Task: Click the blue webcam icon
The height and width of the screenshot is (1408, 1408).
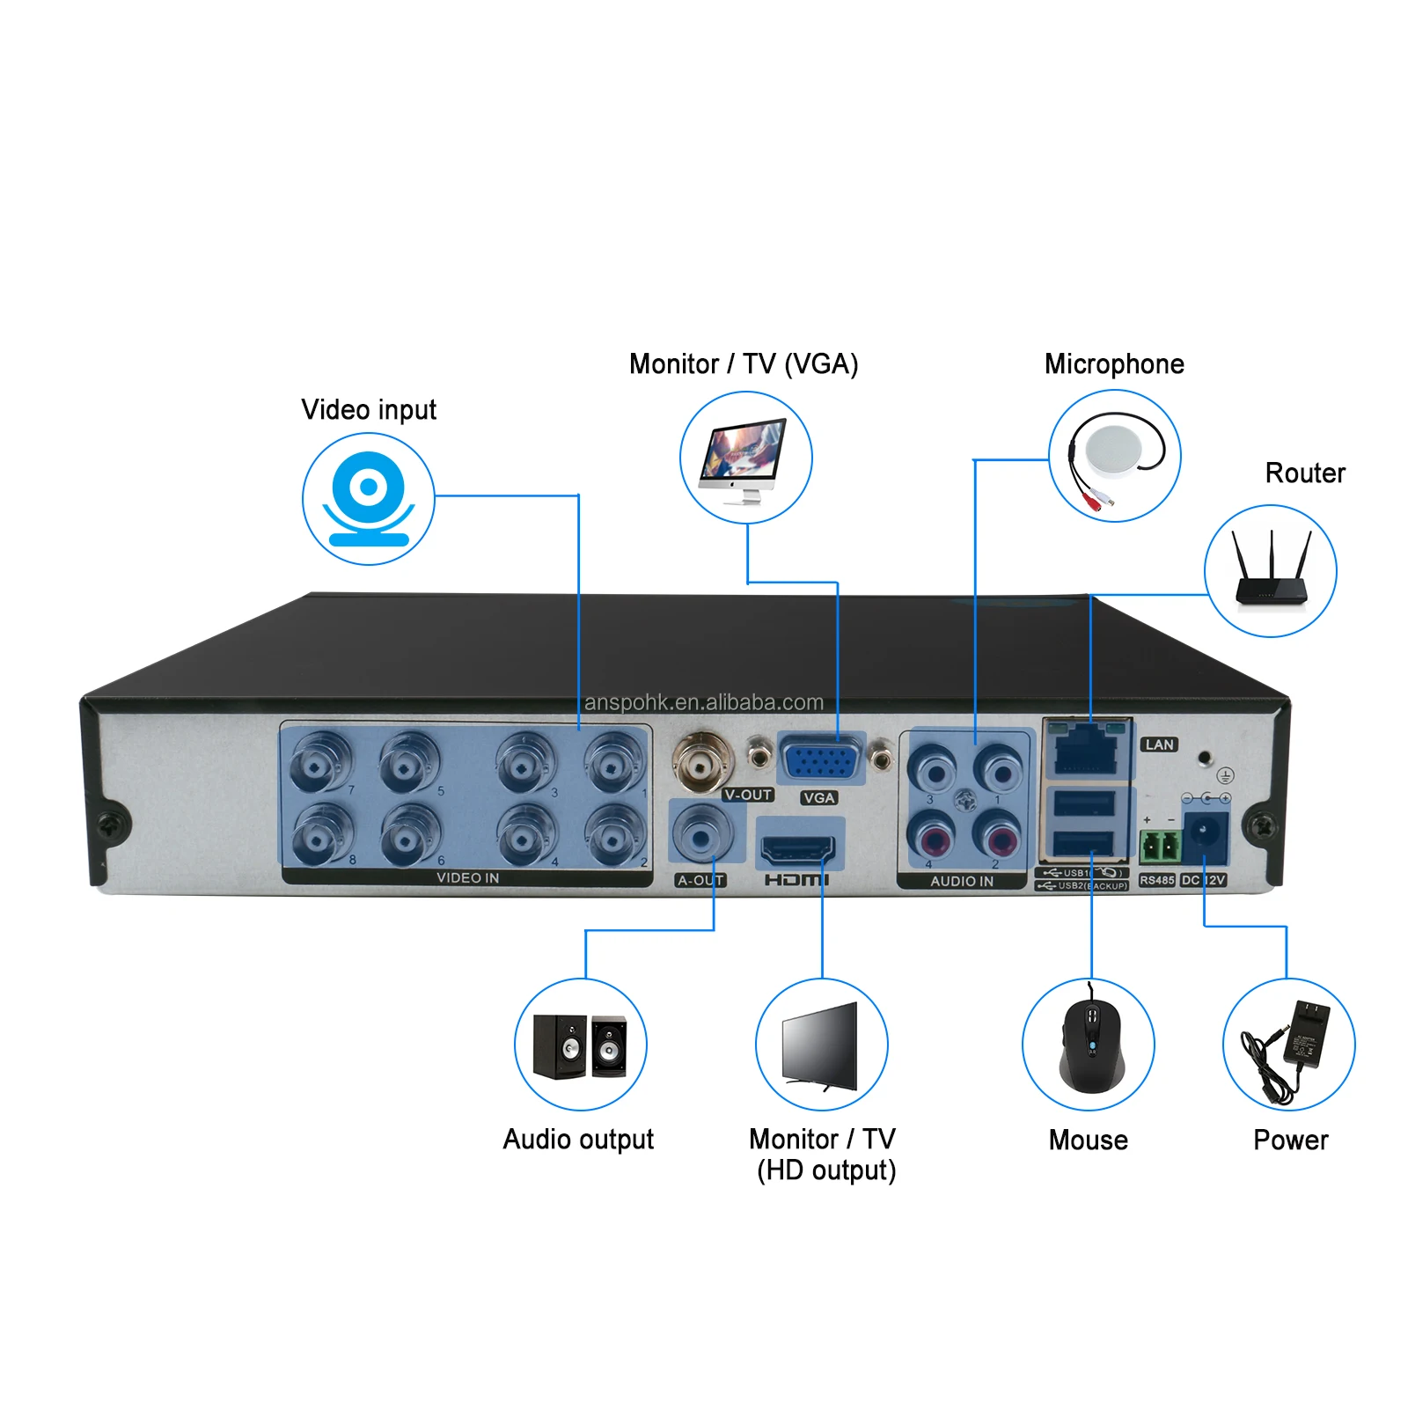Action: [369, 499]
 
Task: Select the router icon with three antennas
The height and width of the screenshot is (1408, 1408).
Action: [1271, 571]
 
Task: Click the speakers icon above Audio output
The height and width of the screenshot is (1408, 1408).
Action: [581, 1045]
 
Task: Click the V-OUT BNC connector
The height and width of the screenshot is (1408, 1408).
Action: [701, 759]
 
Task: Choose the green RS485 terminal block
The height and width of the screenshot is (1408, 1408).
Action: [1160, 847]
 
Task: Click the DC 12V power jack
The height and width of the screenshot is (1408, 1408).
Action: [1204, 835]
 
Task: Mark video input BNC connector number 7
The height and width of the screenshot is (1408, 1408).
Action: [320, 761]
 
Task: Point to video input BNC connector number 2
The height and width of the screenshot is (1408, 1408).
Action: [614, 835]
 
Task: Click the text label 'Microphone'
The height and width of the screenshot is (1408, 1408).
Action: [1114, 364]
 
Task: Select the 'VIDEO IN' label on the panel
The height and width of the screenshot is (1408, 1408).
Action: [467, 878]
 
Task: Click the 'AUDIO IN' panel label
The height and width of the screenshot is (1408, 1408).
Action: [962, 881]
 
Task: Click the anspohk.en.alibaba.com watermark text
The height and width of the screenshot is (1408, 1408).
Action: [704, 702]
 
